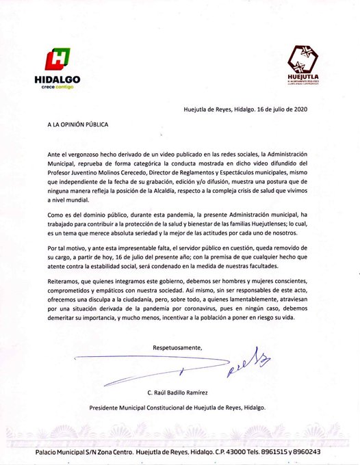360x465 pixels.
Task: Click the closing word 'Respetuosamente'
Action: [177, 349]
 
